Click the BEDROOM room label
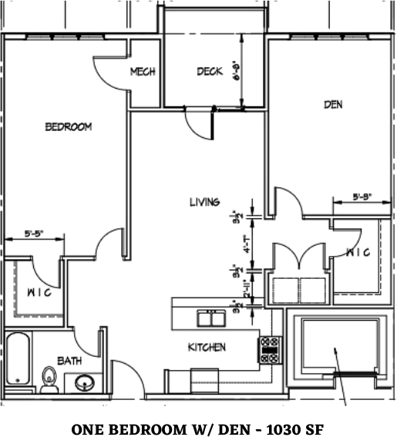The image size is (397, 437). pyautogui.click(x=68, y=127)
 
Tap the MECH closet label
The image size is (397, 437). pyautogui.click(x=143, y=72)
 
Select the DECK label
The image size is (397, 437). pyautogui.click(x=209, y=72)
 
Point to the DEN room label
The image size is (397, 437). pyautogui.click(x=333, y=104)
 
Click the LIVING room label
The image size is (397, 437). pyautogui.click(x=205, y=202)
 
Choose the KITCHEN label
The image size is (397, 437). pyautogui.click(x=207, y=348)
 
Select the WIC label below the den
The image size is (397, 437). pyautogui.click(x=358, y=252)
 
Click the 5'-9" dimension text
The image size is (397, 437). pyautogui.click(x=362, y=197)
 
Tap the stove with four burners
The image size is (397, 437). pyautogui.click(x=269, y=349)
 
